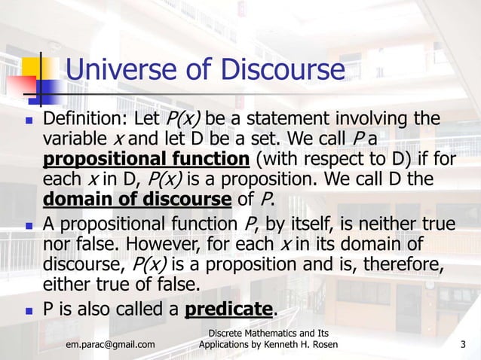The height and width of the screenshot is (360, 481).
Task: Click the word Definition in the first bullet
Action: (84, 120)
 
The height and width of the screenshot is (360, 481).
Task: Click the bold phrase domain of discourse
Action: (136, 200)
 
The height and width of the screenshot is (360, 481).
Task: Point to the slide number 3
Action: (463, 345)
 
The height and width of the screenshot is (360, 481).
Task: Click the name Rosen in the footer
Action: (320, 345)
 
